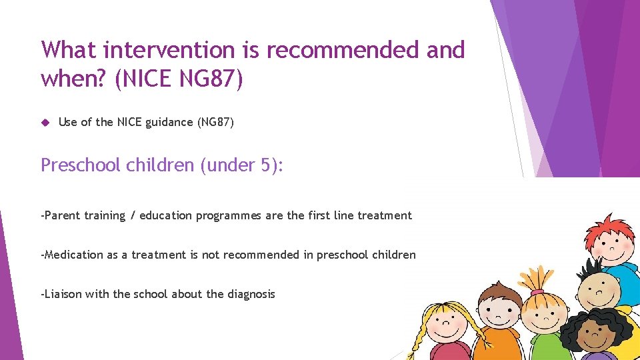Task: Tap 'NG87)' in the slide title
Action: (x=211, y=79)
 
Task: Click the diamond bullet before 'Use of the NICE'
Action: (x=45, y=122)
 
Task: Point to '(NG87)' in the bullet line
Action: (x=215, y=122)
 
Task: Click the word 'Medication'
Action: (x=74, y=255)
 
